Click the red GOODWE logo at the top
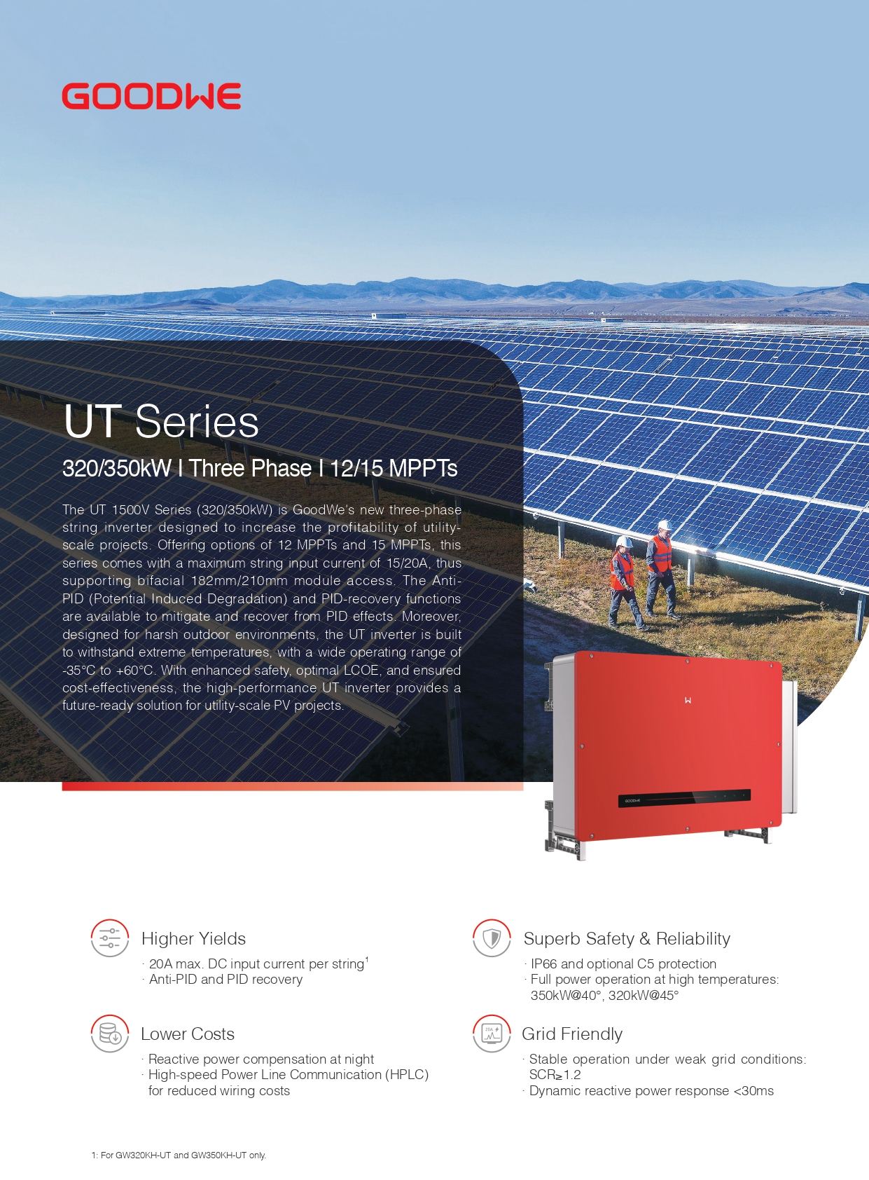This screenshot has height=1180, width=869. point(151,96)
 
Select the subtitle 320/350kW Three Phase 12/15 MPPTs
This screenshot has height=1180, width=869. point(260,468)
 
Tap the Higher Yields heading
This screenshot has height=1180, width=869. point(194,939)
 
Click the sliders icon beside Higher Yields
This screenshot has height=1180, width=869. point(110,938)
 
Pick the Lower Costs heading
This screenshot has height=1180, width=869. point(188,1034)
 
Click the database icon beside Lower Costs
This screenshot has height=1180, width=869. point(110,1034)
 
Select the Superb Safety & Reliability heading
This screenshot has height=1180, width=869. point(627,939)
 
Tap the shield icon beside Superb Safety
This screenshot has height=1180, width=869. point(492,938)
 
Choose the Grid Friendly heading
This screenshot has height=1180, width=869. point(572,1034)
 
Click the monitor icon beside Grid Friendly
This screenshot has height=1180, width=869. point(492,1034)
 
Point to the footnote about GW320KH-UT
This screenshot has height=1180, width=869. point(179,1155)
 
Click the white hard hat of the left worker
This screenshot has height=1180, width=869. point(624,542)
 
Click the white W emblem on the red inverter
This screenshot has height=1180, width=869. point(688,700)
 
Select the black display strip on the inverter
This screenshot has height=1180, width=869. point(684,799)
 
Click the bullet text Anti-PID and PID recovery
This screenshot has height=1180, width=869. point(225,980)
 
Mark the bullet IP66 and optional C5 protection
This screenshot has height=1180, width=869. point(624,964)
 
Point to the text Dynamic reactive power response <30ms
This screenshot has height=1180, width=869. point(652,1091)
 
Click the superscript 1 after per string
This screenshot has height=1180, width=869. point(367,959)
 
